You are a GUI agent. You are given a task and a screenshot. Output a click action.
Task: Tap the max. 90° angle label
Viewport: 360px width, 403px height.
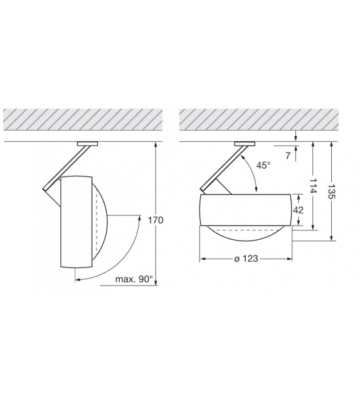tap(134, 279)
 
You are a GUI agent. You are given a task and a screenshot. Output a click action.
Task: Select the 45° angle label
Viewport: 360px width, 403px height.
tap(264, 165)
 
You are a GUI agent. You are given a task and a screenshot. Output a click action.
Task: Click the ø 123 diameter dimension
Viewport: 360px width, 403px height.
tap(246, 259)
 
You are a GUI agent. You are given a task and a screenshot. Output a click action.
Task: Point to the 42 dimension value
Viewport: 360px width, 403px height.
tap(298, 210)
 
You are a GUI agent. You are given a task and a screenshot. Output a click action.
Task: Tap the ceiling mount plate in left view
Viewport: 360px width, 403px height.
tap(87, 144)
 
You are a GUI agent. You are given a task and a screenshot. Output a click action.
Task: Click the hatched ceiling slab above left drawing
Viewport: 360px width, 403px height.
tap(83, 120)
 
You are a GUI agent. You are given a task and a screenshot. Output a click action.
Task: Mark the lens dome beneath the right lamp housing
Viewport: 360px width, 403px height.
tap(245, 234)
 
